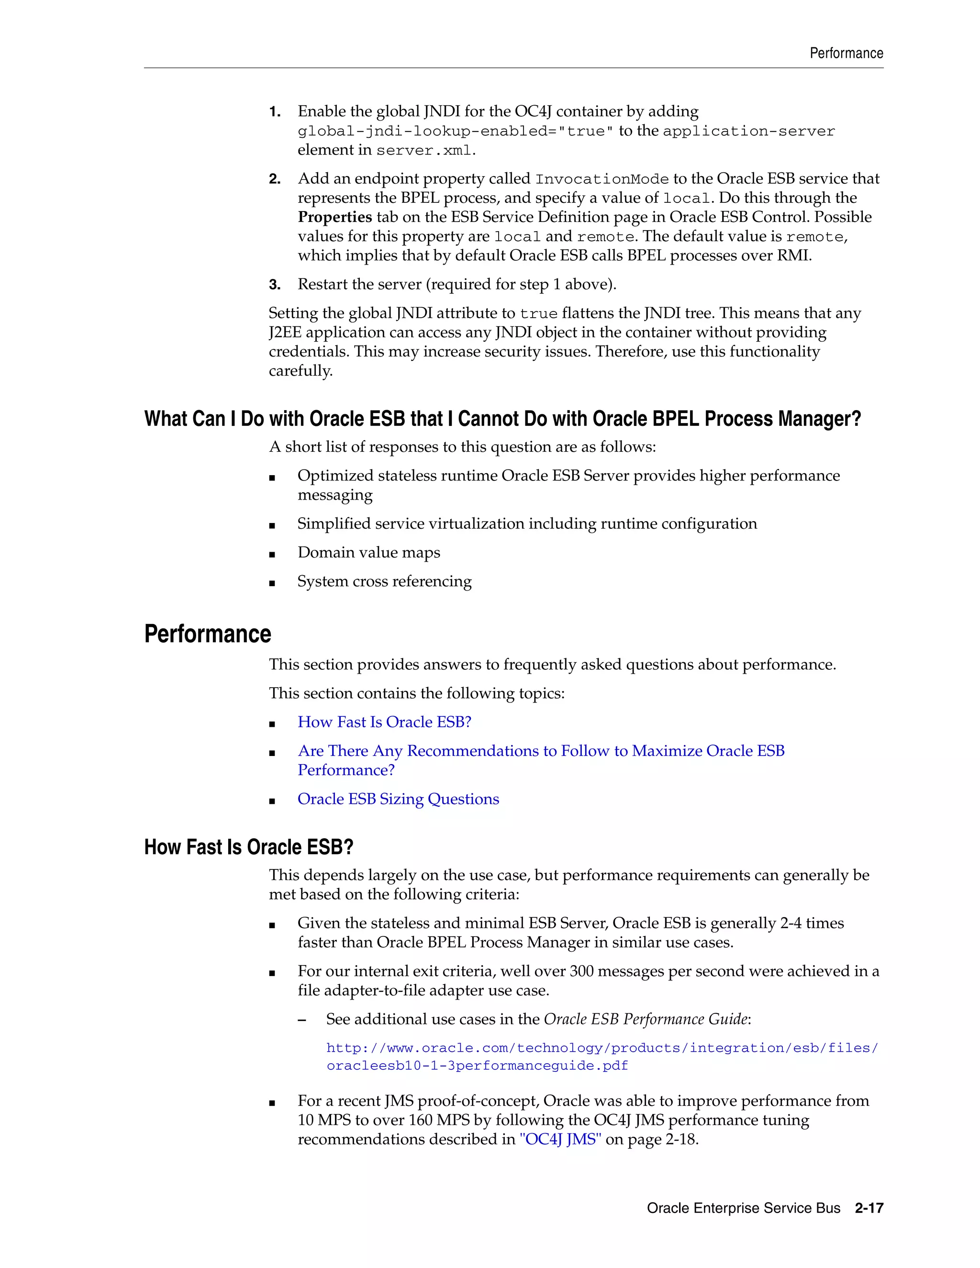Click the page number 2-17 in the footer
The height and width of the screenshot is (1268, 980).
point(869,1208)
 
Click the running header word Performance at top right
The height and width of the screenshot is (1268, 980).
point(846,54)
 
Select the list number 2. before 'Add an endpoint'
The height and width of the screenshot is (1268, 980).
point(275,179)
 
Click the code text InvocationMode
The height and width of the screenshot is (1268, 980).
point(602,179)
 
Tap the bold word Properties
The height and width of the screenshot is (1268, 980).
point(334,217)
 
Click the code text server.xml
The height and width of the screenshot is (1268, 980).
point(424,150)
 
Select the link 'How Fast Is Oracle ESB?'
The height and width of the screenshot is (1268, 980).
point(384,722)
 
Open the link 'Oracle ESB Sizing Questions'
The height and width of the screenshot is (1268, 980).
point(398,799)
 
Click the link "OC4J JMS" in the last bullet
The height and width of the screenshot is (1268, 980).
point(560,1139)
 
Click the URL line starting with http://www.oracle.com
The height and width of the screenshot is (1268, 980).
point(602,1047)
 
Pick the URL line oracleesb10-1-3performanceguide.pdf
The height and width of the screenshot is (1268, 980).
point(477,1066)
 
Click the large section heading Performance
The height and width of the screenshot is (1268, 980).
point(207,634)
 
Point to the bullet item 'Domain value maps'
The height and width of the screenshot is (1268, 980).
point(368,552)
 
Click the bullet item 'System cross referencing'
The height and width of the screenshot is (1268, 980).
point(384,581)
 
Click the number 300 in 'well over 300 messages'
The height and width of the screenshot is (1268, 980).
point(581,971)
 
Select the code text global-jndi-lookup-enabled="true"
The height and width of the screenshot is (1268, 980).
point(455,131)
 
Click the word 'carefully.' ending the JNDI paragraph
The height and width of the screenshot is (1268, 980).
point(300,370)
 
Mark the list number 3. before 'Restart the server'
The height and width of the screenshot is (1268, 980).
point(275,285)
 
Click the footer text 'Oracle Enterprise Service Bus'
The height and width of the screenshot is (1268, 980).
point(743,1208)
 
